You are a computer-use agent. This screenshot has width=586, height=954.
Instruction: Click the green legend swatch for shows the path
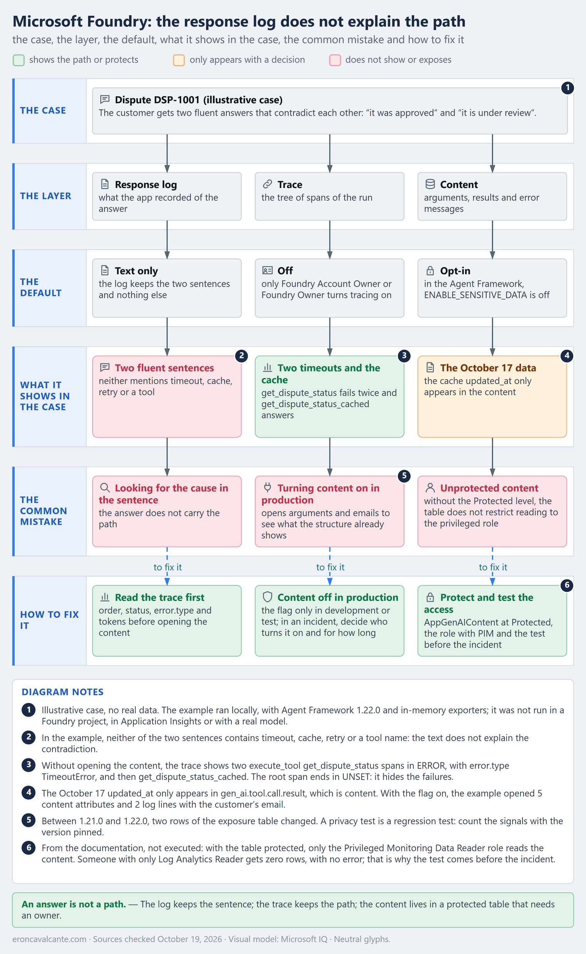[19, 60]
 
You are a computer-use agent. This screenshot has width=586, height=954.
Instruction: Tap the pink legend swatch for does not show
[335, 60]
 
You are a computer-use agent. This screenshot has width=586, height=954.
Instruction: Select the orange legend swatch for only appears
[178, 60]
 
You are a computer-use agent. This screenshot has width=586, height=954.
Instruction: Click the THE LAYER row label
[46, 196]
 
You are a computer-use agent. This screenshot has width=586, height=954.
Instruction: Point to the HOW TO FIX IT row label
[49, 620]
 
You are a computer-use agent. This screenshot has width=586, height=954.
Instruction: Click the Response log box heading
[146, 185]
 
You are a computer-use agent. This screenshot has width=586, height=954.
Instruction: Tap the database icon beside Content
[430, 184]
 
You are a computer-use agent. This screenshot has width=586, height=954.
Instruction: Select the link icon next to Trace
[268, 184]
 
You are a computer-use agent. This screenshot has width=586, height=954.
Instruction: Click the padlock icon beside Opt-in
[430, 270]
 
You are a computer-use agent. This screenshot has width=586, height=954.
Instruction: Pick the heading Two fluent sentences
[164, 368]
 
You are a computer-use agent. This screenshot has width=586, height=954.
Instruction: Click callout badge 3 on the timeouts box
[404, 356]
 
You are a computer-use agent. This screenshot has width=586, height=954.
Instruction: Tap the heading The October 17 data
[488, 368]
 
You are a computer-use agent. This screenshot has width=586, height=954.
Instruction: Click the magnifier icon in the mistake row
[104, 488]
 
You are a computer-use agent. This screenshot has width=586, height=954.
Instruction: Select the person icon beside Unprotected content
[430, 488]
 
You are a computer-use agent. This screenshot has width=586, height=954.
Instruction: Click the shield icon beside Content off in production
[268, 597]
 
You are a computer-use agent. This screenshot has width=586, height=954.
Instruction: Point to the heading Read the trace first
[159, 597]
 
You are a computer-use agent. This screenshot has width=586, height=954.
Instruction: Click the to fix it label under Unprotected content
[493, 567]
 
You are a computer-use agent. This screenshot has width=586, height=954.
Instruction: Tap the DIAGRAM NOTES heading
[62, 692]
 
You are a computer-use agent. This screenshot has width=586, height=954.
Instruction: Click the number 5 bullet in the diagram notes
[29, 820]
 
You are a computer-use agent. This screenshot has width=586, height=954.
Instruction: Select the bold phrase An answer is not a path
[74, 904]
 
